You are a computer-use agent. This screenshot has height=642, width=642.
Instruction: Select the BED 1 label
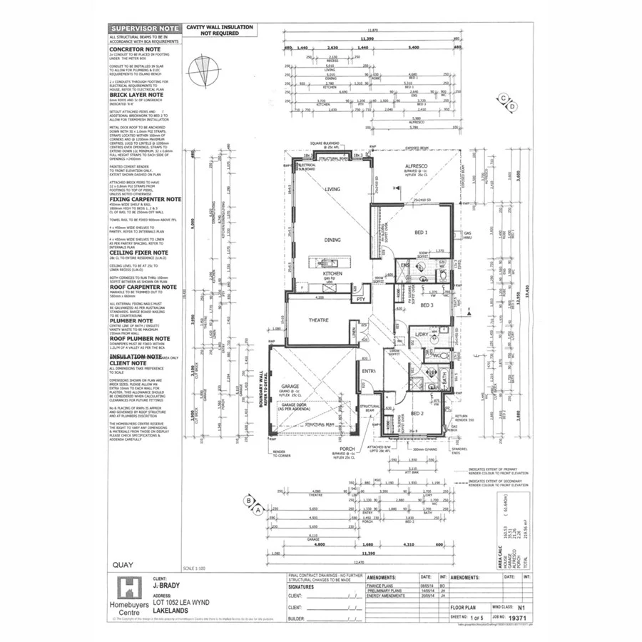tap(421, 233)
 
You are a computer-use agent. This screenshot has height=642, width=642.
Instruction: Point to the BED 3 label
tap(427, 305)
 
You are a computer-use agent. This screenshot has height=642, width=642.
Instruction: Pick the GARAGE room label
tap(290, 386)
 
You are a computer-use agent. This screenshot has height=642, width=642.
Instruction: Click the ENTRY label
tap(369, 371)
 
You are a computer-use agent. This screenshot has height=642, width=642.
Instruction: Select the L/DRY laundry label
tap(422, 334)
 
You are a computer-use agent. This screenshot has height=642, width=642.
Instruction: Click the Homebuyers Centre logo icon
tap(128, 589)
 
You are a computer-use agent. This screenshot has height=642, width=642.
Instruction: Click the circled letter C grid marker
tap(504, 98)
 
